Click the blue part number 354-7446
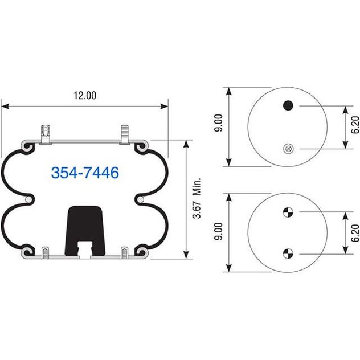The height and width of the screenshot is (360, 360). [85, 173]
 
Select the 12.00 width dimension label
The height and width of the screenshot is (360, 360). [85, 96]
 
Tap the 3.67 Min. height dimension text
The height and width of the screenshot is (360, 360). [197, 198]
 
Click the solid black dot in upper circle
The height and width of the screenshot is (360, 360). [288, 105]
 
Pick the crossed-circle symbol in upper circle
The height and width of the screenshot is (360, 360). [288, 149]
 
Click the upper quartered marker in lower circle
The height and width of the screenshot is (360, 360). [288, 212]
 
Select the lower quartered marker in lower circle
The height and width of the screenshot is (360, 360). [288, 253]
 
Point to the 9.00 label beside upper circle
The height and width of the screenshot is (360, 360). [218, 123]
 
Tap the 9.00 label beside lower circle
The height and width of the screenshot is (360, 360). [218, 231]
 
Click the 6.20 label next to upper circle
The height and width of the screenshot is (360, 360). [355, 125]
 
